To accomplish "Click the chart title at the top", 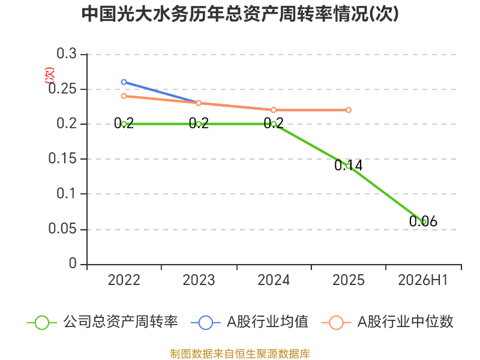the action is (x=240, y=14).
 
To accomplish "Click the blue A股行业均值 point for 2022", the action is (x=124, y=82).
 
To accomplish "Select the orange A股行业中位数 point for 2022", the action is (x=124, y=96).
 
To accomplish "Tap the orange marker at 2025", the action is (x=349, y=110).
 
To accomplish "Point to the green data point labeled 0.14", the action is (x=349, y=166).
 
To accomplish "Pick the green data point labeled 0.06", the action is (x=424, y=221).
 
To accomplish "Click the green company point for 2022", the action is (x=124, y=124).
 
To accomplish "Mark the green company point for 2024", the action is (x=274, y=124).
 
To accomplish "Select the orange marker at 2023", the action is (x=199, y=103).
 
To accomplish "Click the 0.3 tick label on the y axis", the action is (x=67, y=54).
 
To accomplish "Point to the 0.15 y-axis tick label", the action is (x=62, y=158).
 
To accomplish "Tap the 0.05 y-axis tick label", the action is (x=62, y=229).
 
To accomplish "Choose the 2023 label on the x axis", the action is (x=199, y=280).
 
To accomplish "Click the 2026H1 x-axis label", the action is (x=423, y=280).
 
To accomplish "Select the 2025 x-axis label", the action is (x=349, y=280).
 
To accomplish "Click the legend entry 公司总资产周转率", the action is (x=103, y=322).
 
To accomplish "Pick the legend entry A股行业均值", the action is (x=250, y=322).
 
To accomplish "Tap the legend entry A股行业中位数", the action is (x=387, y=322).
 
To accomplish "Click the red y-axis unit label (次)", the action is (x=50, y=76).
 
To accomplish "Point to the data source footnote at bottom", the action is (x=240, y=354).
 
